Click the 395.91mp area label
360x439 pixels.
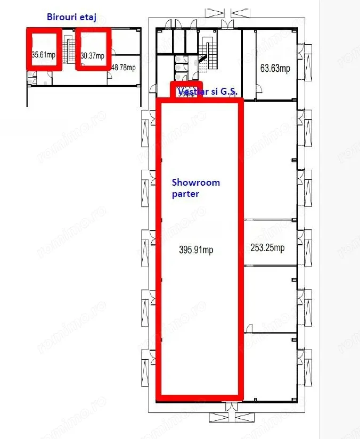pos(197,250)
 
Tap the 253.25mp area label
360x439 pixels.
pos(267,247)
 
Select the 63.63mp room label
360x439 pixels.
pos(275,69)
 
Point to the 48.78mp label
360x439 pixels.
pos(124,68)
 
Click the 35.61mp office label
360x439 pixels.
pos(44,54)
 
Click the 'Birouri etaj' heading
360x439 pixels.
pos(72,16)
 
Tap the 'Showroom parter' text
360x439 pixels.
pos(195,188)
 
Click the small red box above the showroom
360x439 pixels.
pos(186,90)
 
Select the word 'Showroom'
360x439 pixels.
pos(195,183)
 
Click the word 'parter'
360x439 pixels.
pos(185,194)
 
